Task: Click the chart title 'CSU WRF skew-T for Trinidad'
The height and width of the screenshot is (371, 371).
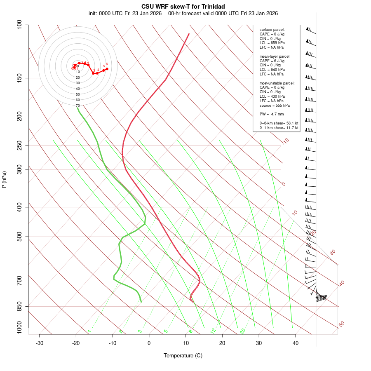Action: pyautogui.click(x=183, y=6)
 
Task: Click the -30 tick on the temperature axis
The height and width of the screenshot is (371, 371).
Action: pyautogui.click(x=40, y=343)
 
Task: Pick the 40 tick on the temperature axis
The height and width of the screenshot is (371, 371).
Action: pyautogui.click(x=296, y=343)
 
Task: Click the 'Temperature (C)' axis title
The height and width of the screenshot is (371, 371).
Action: pyautogui.click(x=183, y=355)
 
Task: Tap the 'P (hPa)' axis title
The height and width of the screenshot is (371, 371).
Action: pyautogui.click(x=5, y=179)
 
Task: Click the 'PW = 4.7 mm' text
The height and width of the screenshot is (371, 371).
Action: pyautogui.click(x=272, y=114)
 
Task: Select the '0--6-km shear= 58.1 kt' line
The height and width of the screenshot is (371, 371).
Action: pyautogui.click(x=279, y=123)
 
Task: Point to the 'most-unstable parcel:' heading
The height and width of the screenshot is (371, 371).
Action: pyautogui.click(x=277, y=83)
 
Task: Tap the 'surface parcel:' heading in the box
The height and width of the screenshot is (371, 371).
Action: pyautogui.click(x=272, y=30)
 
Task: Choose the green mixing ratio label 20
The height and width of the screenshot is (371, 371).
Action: pyautogui.click(x=243, y=331)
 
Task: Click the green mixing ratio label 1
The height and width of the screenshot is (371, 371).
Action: pyautogui.click(x=89, y=331)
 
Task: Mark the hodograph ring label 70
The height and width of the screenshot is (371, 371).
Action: pyautogui.click(x=77, y=106)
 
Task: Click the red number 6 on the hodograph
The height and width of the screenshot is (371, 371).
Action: pyautogui.click(x=107, y=64)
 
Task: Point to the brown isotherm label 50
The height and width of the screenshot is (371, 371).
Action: pyautogui.click(x=341, y=324)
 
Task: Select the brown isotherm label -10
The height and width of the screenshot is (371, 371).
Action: pyautogui.click(x=285, y=141)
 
